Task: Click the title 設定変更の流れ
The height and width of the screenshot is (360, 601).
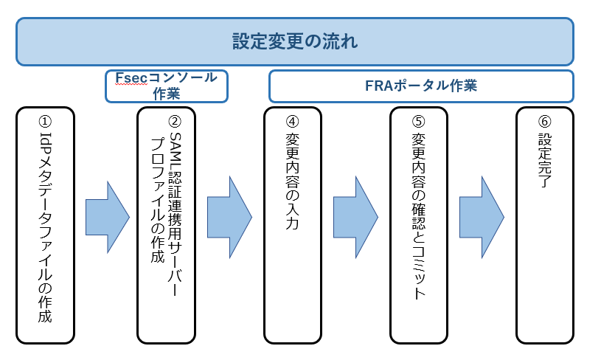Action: (x=294, y=41)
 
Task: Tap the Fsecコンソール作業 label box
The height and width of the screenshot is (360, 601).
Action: (x=166, y=86)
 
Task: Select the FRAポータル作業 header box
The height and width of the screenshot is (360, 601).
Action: (x=421, y=86)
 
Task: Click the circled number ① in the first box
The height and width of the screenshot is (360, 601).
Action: (x=44, y=120)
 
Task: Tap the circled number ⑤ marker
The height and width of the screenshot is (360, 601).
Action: (x=418, y=120)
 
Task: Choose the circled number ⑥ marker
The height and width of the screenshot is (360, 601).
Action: (x=544, y=120)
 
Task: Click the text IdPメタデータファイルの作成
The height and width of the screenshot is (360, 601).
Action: (x=44, y=229)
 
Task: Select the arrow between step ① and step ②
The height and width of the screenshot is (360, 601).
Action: (x=108, y=216)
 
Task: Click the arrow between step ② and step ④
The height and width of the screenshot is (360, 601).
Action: (x=229, y=216)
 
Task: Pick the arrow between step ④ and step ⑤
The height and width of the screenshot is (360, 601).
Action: (x=355, y=216)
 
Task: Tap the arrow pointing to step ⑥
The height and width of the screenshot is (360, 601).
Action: (x=482, y=216)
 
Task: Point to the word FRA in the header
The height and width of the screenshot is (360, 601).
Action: (x=380, y=86)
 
